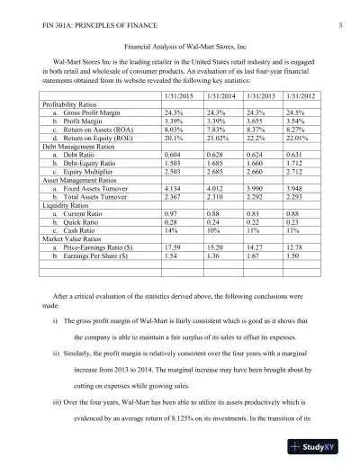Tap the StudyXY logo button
(323, 447)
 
